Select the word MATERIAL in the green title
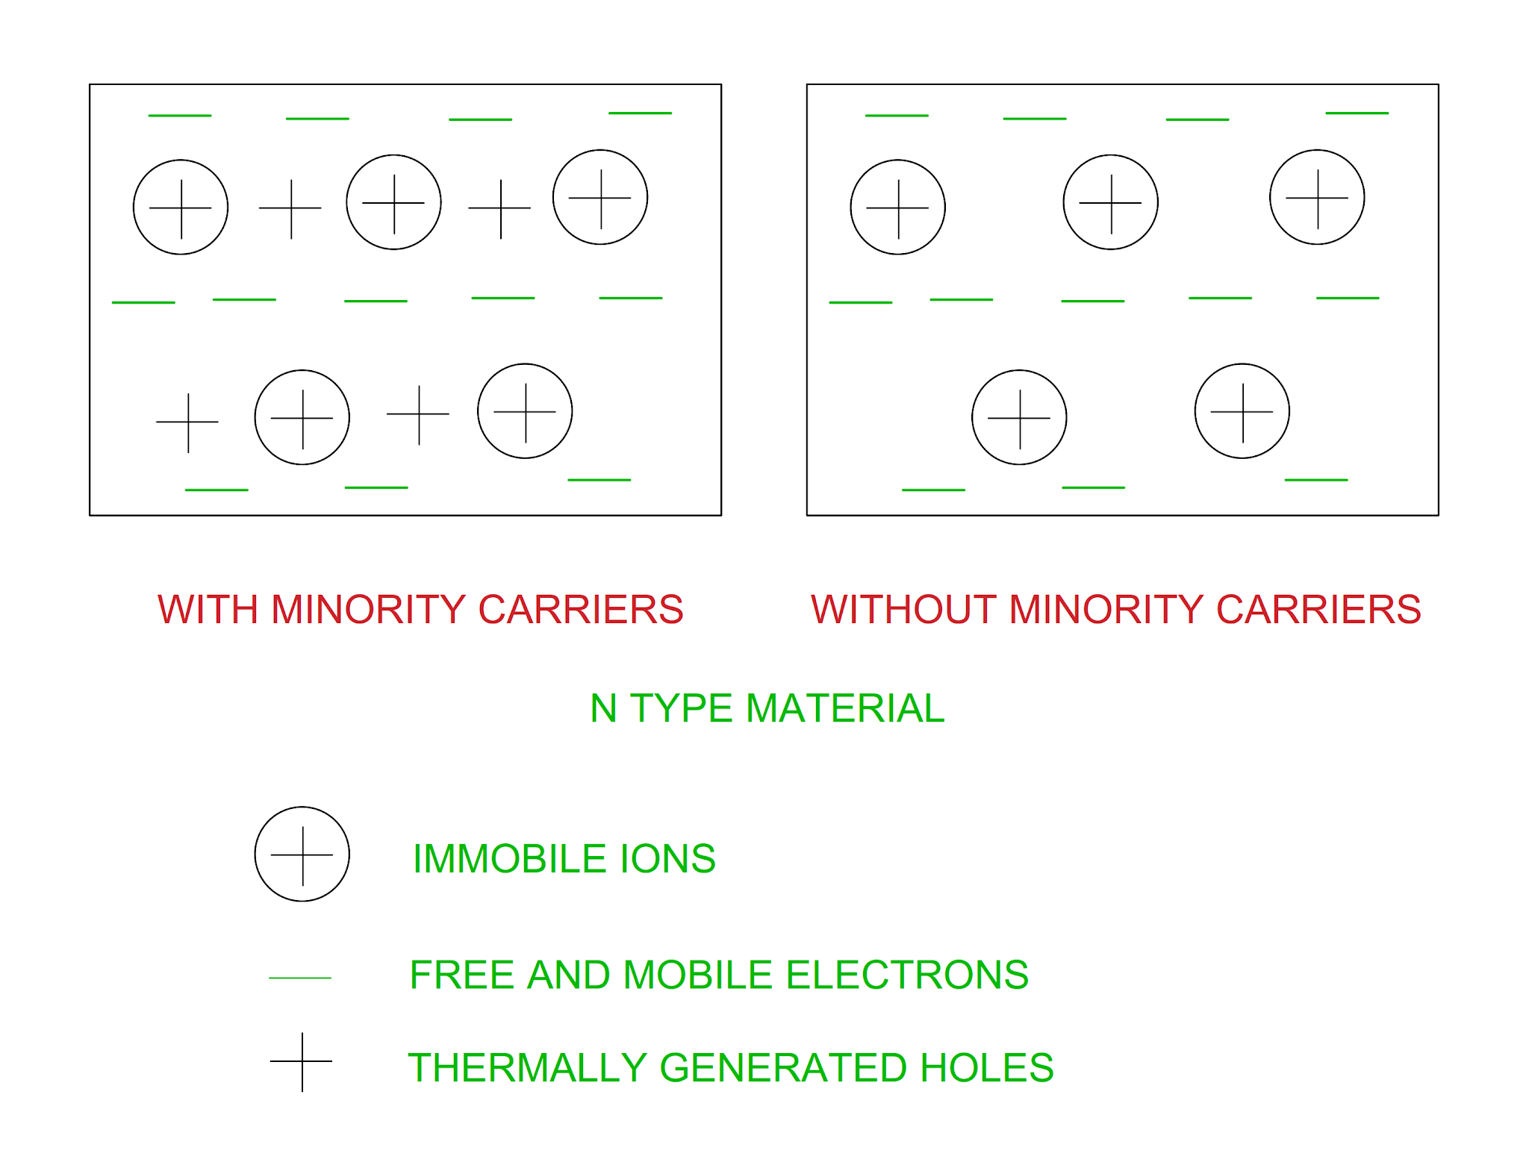coord(844,708)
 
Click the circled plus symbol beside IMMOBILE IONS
coord(302,854)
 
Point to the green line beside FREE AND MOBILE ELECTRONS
coord(299,977)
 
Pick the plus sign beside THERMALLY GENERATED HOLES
coord(302,1061)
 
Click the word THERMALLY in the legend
coord(527,1067)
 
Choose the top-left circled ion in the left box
coord(181,207)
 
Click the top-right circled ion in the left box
coord(600,197)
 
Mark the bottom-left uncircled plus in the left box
coord(187,422)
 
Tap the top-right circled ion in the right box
coord(1317,197)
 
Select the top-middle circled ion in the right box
coord(1110,202)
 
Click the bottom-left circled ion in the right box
coord(1019,417)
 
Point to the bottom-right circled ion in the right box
coord(1242,411)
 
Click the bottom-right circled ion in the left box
coord(525,411)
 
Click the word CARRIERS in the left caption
coord(580,609)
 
